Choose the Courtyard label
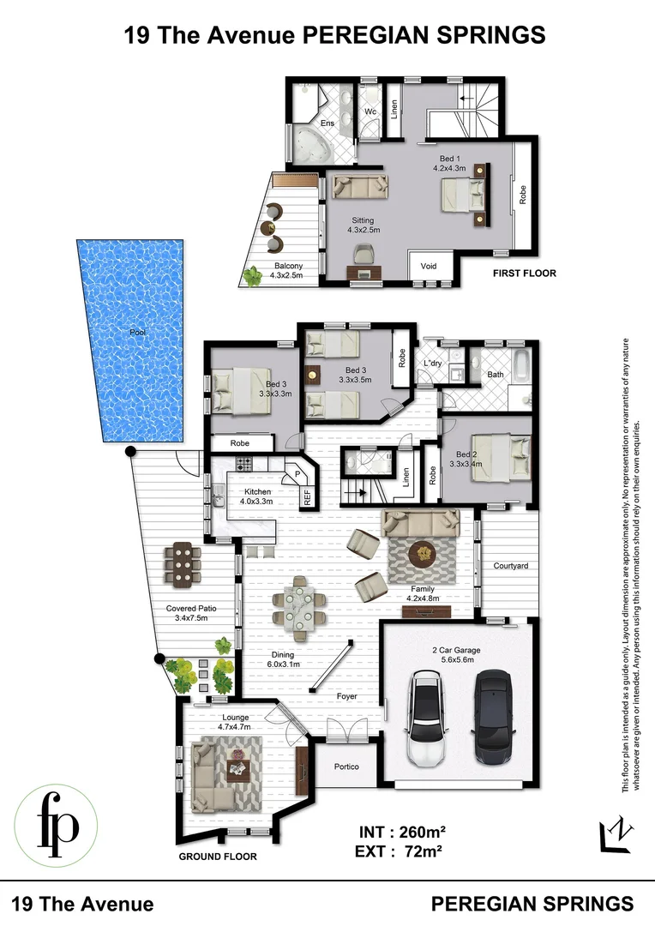pyautogui.click(x=510, y=566)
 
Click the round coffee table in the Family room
pyautogui.click(x=422, y=554)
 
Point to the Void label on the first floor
pyautogui.click(x=429, y=266)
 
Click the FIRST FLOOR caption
pyautogui.click(x=525, y=274)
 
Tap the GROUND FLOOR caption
pyautogui.click(x=217, y=856)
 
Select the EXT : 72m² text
pyautogui.click(x=405, y=851)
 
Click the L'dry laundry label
pyautogui.click(x=432, y=364)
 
